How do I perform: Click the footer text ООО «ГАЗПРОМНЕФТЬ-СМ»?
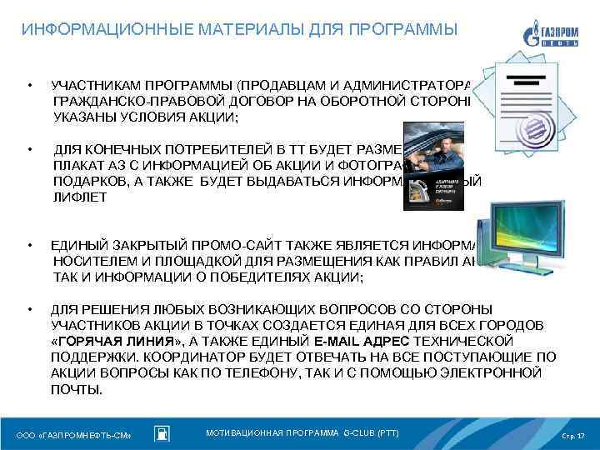(x=75, y=435)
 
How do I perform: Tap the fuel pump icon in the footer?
(x=163, y=434)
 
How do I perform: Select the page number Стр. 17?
(x=574, y=435)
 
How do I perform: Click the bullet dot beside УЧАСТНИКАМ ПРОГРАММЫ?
(x=29, y=86)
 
